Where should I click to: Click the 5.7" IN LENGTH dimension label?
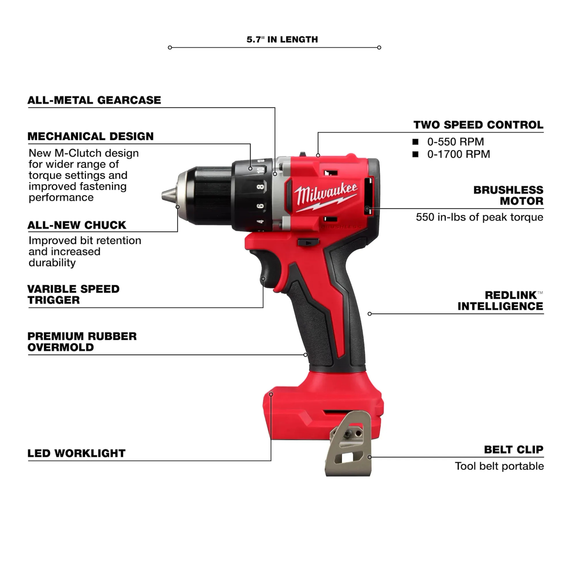(282, 39)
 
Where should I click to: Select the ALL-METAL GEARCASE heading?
(94, 100)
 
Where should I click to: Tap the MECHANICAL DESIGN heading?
(91, 136)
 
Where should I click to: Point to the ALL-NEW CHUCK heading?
(77, 225)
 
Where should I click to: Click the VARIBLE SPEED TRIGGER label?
(73, 294)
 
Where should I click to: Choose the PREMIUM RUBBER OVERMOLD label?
(82, 342)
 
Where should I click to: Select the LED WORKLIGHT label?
(76, 453)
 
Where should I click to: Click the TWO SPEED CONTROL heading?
(478, 125)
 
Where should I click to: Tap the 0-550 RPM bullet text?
(455, 142)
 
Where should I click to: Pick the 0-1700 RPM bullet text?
(459, 154)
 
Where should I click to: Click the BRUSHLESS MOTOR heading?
(508, 195)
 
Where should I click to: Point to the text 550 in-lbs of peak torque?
(479, 217)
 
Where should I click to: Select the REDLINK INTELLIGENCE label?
(500, 301)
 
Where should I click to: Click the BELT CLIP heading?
(514, 450)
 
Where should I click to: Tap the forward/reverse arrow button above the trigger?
(308, 243)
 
